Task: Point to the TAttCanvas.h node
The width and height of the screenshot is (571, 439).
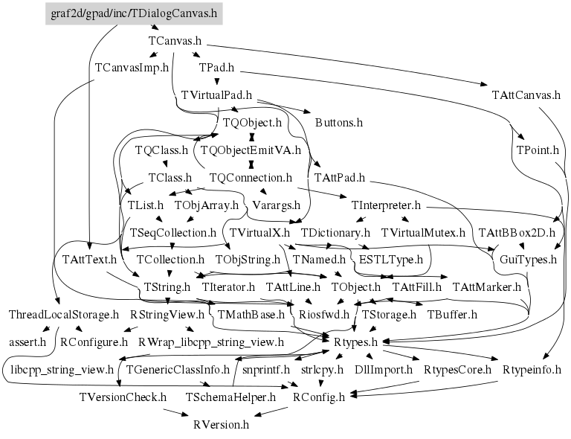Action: tap(526, 95)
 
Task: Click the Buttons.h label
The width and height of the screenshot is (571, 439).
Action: tap(339, 122)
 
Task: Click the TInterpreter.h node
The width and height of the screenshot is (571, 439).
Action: tap(385, 205)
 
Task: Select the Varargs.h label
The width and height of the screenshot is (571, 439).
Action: tap(277, 205)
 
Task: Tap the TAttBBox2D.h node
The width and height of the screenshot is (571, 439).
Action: tap(517, 232)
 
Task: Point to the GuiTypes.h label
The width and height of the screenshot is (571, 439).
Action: tap(528, 260)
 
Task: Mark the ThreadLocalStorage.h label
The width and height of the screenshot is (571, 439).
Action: tap(63, 315)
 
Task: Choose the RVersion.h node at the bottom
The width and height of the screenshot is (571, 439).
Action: tap(221, 425)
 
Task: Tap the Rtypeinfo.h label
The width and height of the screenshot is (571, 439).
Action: tap(532, 369)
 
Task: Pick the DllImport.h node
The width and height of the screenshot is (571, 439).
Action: tap(383, 369)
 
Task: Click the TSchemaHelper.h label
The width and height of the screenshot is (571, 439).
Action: tap(230, 397)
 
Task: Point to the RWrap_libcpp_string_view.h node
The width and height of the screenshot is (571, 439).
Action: tap(211, 342)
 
